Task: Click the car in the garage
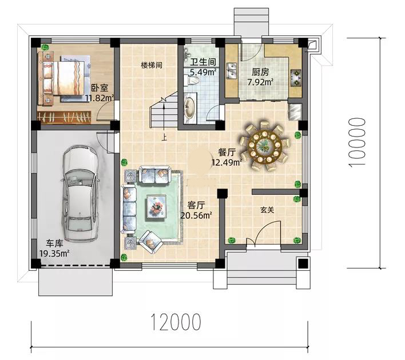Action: tap(80, 194)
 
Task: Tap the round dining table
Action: tap(264, 146)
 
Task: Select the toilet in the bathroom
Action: tap(192, 80)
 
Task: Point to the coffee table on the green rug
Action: tap(156, 206)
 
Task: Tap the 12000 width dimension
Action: tap(176, 322)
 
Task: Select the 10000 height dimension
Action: tap(357, 142)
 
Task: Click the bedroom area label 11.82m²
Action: tap(100, 98)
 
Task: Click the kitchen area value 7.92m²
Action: tap(260, 82)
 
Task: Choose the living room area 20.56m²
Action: tap(196, 215)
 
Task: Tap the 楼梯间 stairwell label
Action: tap(152, 65)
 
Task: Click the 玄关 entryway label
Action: tap(267, 210)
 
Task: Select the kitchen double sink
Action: tap(232, 70)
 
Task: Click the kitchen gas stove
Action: tap(296, 77)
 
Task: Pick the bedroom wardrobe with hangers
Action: tap(64, 117)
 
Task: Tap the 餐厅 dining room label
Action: tap(227, 152)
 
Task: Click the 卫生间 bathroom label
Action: tap(203, 62)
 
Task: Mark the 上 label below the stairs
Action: tap(164, 137)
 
